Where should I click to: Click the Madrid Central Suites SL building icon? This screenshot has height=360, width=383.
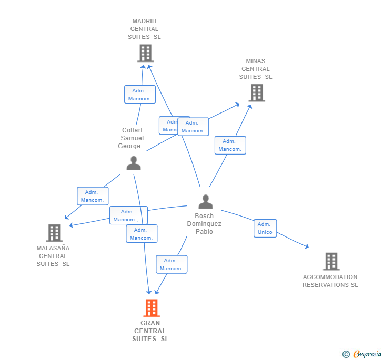145,53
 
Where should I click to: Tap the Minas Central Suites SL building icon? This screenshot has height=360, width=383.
256,93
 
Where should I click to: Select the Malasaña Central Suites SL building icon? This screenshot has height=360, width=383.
54,233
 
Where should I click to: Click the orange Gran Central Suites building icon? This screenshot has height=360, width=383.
151,308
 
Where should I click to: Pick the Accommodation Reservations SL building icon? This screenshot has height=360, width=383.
331,261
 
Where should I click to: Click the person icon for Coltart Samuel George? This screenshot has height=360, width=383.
134,163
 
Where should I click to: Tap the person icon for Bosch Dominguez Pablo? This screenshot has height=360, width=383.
205,202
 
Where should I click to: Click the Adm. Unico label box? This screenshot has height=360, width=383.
265,228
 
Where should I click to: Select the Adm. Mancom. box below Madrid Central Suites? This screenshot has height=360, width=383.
140,95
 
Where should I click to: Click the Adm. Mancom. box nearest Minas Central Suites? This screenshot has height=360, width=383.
230,145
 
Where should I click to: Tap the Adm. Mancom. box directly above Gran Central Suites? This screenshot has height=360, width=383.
172,264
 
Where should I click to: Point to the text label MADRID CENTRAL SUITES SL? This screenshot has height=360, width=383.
144,29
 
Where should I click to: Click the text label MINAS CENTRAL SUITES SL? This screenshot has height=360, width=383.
256,69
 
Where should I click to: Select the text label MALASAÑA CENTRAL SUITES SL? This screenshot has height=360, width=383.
53,256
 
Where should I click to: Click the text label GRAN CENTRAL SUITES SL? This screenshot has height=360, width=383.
150,331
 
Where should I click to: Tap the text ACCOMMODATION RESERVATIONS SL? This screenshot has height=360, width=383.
330,281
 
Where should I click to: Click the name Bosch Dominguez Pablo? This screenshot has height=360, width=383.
204,224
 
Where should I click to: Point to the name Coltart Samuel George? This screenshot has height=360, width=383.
132,138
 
